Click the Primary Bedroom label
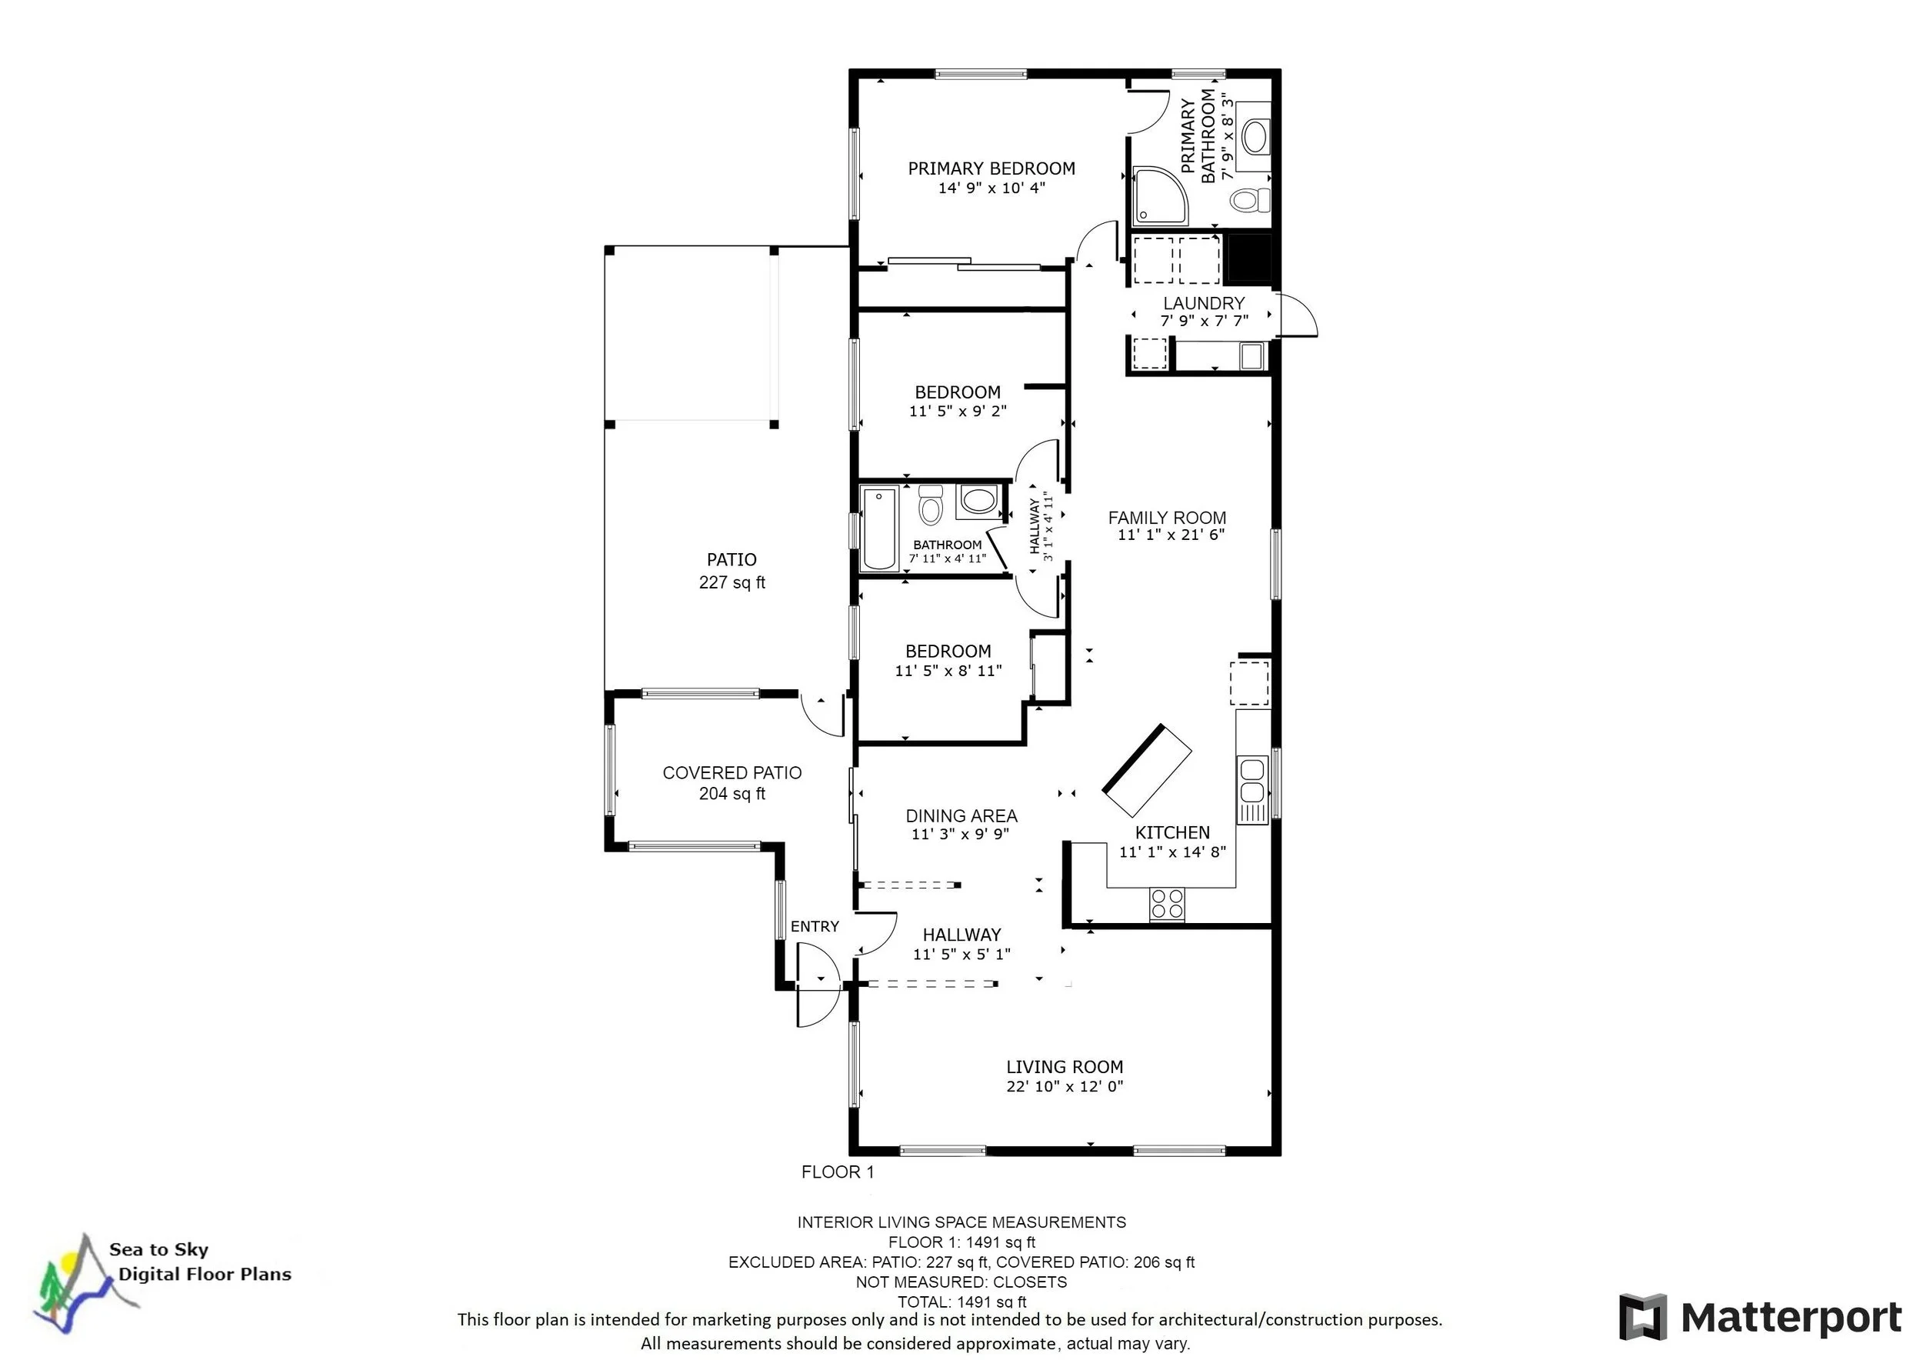point(991,168)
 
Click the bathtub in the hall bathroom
point(878,528)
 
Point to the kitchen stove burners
point(1167,904)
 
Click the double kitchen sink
point(1252,781)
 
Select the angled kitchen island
point(1147,771)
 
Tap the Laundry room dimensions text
point(1204,321)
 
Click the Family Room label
point(1167,518)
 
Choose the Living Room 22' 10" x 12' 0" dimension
point(1065,1086)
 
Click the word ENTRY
point(814,926)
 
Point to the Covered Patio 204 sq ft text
point(732,793)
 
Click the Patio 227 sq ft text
point(732,582)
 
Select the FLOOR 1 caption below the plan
point(837,1172)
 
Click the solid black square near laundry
point(1248,258)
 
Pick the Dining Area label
point(961,815)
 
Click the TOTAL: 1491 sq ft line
point(961,1302)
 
